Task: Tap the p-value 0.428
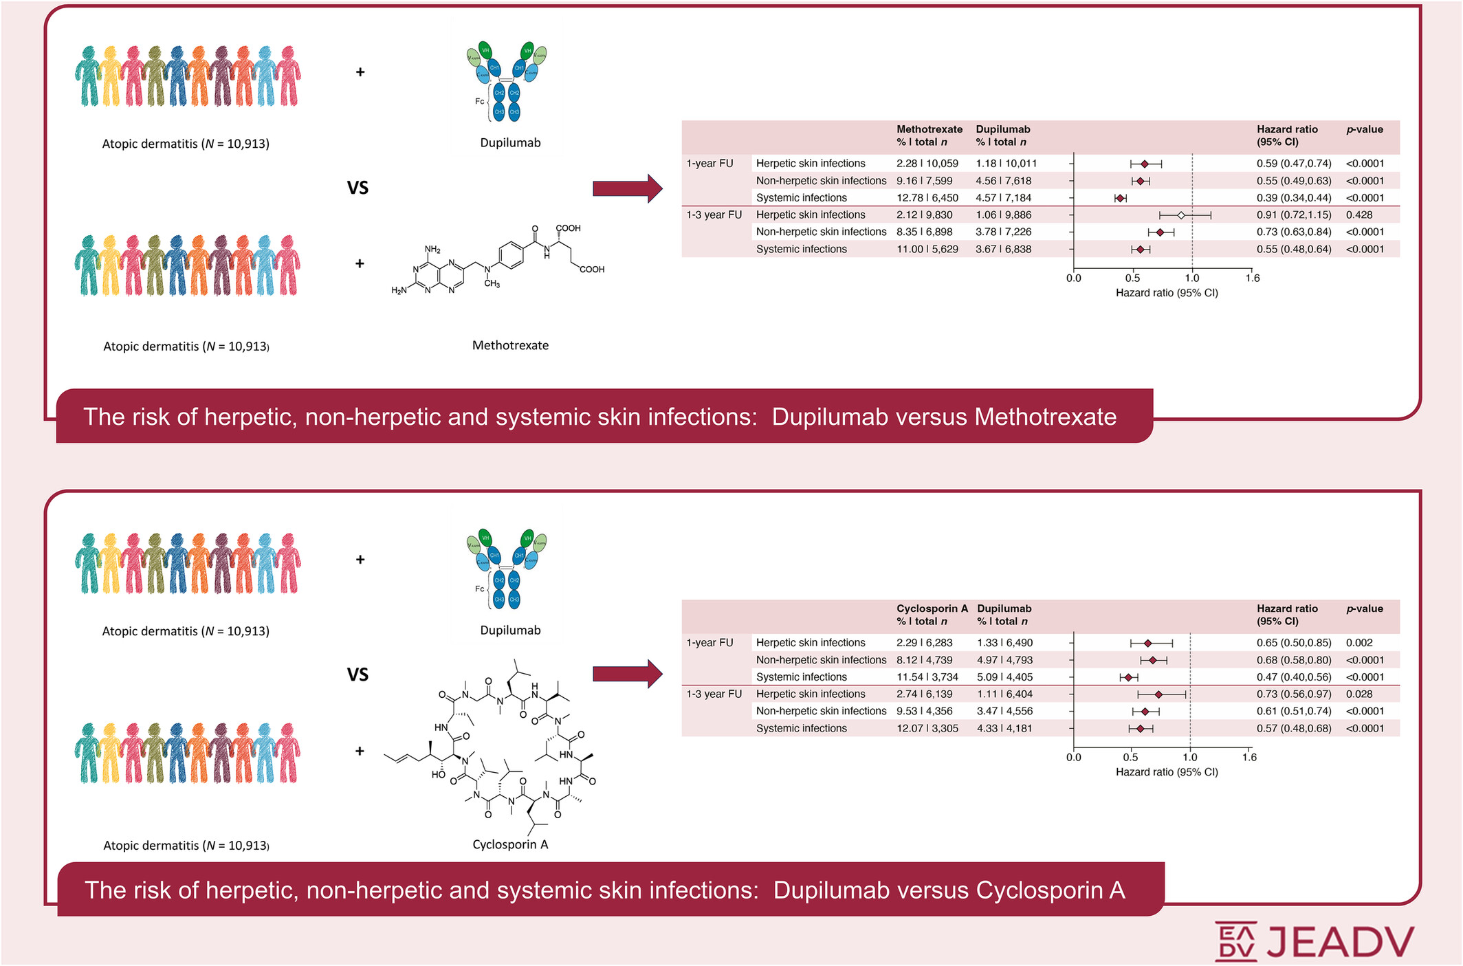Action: (1359, 215)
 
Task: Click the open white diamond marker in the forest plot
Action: (1181, 215)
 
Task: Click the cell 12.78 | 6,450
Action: (927, 198)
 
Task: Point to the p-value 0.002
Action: (1359, 642)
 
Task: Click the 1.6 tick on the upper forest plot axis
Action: (1252, 278)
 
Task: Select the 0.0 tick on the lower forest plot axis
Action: (1073, 757)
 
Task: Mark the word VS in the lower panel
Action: (357, 674)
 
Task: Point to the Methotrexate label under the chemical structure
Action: (510, 345)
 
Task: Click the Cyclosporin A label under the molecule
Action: (510, 844)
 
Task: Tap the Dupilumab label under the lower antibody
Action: (510, 630)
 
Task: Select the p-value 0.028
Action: (1359, 694)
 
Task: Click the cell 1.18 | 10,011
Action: (1006, 164)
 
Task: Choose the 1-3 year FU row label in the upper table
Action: (714, 215)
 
